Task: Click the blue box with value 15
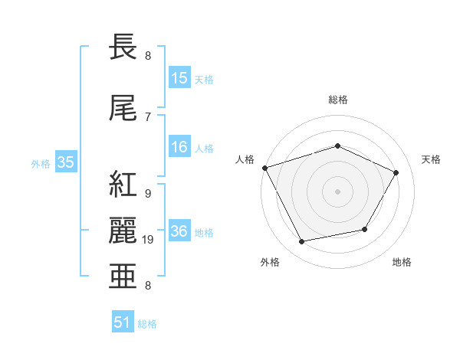pos(179,78)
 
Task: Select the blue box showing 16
pos(179,148)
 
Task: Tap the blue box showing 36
pos(179,232)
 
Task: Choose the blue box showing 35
pos(65,162)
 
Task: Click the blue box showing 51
pos(123,322)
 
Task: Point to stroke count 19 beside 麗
pos(149,240)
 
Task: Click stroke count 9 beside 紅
pos(147,193)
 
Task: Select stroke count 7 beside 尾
pos(147,116)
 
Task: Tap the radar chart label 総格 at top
pos(338,100)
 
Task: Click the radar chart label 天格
pos(431,159)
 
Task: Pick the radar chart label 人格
pos(245,159)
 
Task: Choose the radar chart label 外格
pos(270,263)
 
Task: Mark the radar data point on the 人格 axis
pos(264,168)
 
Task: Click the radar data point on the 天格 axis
pos(396,173)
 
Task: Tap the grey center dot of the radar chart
pos(338,191)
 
